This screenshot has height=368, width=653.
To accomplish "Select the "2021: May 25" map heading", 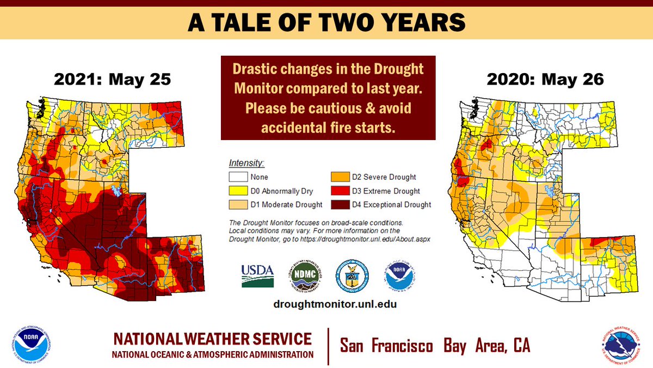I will tap(113, 80).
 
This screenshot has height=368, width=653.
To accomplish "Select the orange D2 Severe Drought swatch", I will tap(339, 177).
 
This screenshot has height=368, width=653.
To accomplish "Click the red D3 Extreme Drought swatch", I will tap(339, 191).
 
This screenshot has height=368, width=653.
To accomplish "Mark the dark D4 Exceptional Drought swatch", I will tap(339, 205).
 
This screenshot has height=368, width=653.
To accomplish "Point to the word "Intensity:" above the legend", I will tap(247, 163).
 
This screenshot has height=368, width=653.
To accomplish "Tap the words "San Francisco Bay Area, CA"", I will tap(435, 345).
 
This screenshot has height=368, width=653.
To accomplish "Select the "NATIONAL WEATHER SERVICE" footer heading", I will tap(213, 339).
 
